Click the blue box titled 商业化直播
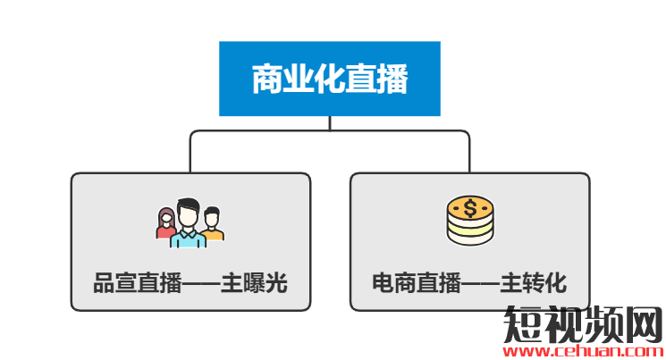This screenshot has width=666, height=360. click(x=329, y=79)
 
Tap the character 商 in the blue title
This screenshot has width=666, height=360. click(x=266, y=80)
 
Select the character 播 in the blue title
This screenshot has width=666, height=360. click(x=392, y=80)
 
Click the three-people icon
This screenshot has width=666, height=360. click(x=190, y=222)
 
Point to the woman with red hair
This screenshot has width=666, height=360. click(x=166, y=224)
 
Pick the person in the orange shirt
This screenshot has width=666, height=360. click(x=212, y=224)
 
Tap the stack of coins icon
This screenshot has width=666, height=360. click(x=469, y=221)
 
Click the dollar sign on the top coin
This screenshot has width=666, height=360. click(x=469, y=209)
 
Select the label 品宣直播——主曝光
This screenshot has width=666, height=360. click(x=190, y=284)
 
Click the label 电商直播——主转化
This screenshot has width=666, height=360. click(x=469, y=284)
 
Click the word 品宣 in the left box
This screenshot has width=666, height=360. click(x=114, y=284)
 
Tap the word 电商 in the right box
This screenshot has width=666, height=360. click(x=393, y=284)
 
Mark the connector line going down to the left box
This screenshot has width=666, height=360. click(x=190, y=152)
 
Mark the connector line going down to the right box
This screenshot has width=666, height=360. click(x=469, y=152)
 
